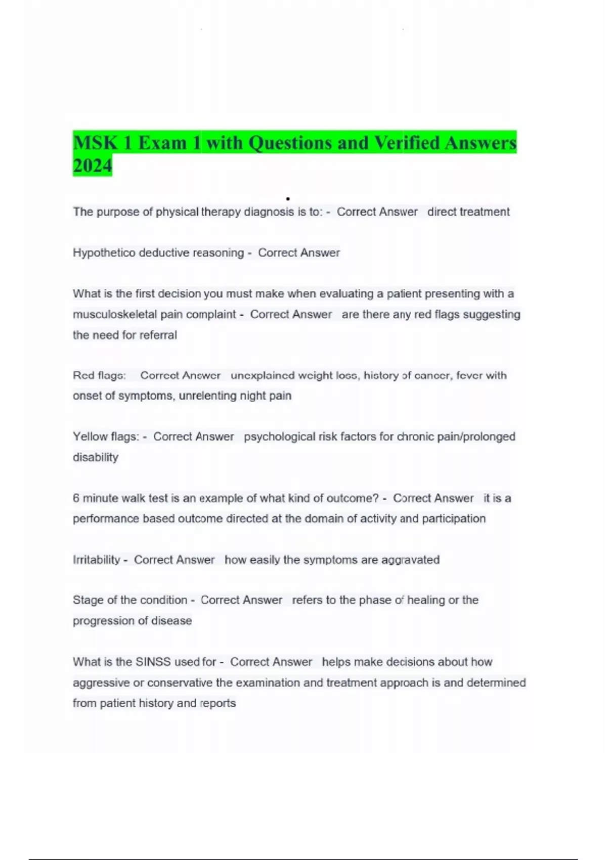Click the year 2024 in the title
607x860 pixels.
coord(93,165)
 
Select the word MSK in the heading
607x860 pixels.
coord(95,143)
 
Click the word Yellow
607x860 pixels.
coord(88,437)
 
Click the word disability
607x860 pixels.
coord(96,457)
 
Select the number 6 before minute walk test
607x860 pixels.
coord(76,498)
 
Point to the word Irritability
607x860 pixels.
coord(97,560)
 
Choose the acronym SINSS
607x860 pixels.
coord(153,662)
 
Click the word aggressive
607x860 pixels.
coord(101,682)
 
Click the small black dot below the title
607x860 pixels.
coord(288,199)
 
